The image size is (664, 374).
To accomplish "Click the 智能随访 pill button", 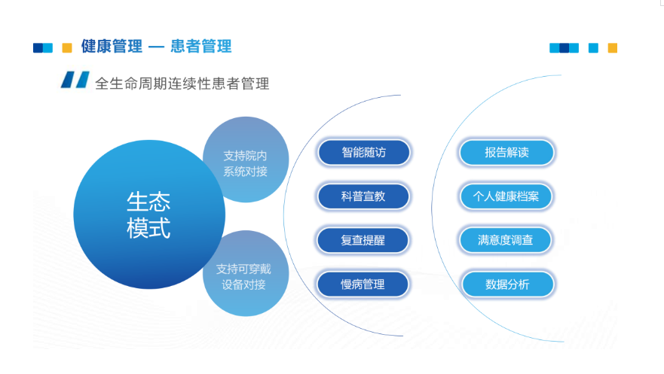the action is [364, 153].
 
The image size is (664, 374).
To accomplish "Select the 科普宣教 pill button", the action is [363, 196].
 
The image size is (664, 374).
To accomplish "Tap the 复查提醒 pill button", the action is [363, 241].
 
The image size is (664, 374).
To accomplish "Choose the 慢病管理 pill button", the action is [363, 284].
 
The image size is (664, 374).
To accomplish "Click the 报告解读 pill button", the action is [507, 153].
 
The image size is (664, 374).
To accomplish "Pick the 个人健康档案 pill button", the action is [506, 196].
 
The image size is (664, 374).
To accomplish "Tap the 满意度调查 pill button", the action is [506, 241].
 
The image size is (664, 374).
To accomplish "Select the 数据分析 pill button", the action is [508, 284].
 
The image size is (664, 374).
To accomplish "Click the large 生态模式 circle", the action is [149, 214].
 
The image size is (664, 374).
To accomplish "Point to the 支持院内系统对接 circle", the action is [246, 160].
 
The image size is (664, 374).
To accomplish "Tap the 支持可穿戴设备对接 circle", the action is [246, 273].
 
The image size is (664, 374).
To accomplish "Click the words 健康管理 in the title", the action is [112, 47].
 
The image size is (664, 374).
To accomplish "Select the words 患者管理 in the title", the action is [201, 47].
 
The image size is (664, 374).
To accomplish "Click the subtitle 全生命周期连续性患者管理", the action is [182, 84].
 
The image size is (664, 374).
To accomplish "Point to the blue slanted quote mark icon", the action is [75, 80].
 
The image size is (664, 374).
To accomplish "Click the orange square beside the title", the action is [67, 47].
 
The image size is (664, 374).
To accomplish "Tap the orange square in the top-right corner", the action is [612, 47].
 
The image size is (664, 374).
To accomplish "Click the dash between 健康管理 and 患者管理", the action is [157, 47].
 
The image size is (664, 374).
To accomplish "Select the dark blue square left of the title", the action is [38, 47].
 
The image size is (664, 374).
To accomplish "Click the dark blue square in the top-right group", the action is [564, 47].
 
